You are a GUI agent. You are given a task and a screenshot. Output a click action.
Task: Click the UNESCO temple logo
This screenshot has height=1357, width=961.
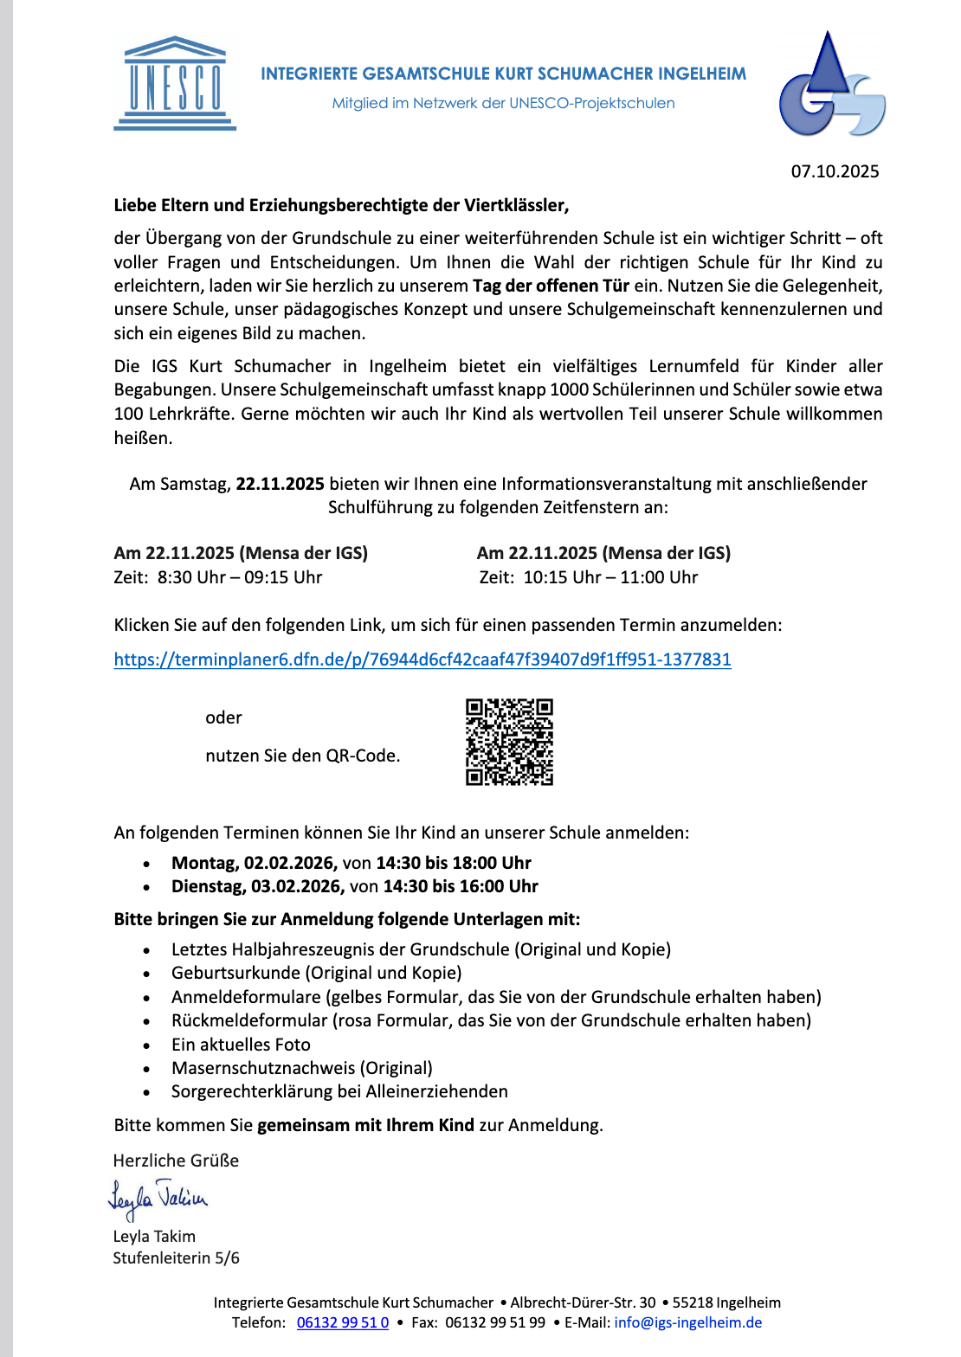coord(175,84)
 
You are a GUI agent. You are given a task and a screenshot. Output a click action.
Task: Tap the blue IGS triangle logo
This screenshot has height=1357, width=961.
coord(831,85)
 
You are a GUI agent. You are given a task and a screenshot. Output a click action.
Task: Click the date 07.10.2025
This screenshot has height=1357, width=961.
coord(835,171)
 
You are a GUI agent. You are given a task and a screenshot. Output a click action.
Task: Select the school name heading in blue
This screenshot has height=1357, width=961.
coord(503,74)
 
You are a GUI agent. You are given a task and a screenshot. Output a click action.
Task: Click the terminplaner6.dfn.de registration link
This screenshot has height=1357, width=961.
coord(422,659)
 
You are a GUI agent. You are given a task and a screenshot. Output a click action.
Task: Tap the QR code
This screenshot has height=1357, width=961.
coord(509,742)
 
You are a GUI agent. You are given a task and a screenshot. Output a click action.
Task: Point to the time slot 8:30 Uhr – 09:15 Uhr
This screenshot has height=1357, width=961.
coord(240,577)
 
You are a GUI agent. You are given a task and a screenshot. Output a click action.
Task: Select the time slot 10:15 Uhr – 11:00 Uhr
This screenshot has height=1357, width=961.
coord(610,577)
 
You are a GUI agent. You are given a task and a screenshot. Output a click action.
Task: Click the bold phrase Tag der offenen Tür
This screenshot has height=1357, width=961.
coord(551,286)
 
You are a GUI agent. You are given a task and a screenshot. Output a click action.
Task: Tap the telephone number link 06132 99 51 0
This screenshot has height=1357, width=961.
coord(343,1322)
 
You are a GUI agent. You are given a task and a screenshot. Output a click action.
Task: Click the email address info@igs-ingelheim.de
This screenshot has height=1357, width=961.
coord(688,1322)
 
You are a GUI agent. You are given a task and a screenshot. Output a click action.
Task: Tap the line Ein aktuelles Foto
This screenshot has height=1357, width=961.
coord(241,1045)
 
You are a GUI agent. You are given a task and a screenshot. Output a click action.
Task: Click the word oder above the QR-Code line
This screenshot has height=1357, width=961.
coord(223,717)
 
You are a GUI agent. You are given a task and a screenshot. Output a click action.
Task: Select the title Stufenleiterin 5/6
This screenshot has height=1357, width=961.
coord(176,1257)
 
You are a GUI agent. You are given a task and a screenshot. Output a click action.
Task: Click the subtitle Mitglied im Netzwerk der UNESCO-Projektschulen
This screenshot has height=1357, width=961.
coord(503,103)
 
